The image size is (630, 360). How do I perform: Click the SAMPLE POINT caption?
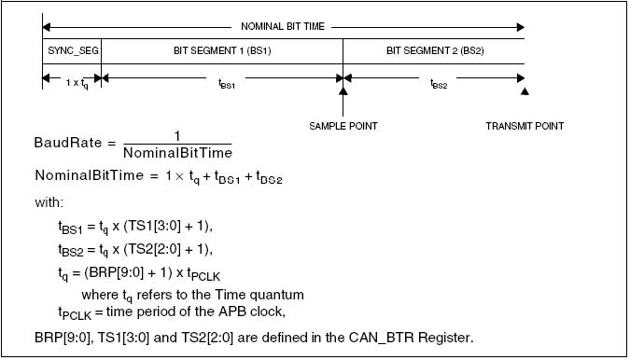pyautogui.click(x=343, y=126)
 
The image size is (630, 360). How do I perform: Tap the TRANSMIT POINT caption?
pyautogui.click(x=525, y=126)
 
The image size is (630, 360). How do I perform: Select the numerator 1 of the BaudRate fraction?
pyautogui.click(x=177, y=135)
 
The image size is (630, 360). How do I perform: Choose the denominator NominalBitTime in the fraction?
pyautogui.click(x=177, y=152)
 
